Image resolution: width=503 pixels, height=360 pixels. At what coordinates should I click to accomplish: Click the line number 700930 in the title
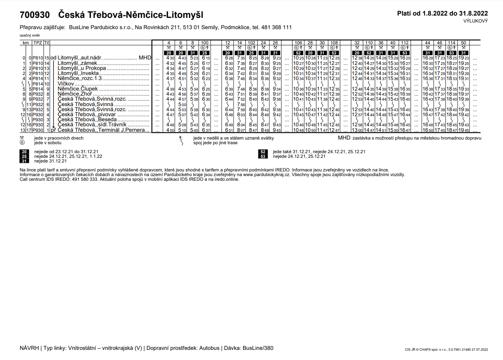click(x=35, y=15)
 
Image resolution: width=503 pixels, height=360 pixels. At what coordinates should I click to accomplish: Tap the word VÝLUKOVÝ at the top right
click(x=475, y=21)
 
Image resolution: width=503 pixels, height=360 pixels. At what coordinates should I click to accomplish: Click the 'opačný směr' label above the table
click(x=30, y=35)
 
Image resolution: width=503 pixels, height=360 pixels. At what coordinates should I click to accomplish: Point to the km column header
click(x=26, y=43)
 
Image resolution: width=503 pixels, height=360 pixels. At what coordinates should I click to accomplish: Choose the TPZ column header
click(x=38, y=43)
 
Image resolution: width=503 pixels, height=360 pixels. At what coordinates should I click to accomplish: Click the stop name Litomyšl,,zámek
click(x=77, y=63)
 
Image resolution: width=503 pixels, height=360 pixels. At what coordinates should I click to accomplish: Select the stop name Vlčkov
click(x=66, y=84)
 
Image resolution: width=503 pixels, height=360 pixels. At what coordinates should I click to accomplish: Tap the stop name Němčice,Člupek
click(x=78, y=89)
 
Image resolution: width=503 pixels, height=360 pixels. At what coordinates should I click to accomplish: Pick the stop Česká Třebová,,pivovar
click(x=87, y=115)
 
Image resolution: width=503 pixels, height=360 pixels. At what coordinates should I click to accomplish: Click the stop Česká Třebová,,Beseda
click(x=87, y=120)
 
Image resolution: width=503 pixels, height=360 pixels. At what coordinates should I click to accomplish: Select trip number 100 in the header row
click(x=205, y=43)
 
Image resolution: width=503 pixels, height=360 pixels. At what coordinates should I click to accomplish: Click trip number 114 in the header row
click(x=451, y=43)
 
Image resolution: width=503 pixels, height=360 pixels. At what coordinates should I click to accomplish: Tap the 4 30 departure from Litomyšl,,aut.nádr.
click(x=170, y=58)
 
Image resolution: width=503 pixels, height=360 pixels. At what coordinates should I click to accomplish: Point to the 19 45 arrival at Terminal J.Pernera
click(x=463, y=130)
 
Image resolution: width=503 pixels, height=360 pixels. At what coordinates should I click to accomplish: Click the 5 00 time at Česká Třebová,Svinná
click(x=182, y=105)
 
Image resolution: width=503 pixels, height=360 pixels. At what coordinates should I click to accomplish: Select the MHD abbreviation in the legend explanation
click(x=344, y=138)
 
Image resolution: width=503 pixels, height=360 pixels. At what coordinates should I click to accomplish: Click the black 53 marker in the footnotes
click(x=263, y=157)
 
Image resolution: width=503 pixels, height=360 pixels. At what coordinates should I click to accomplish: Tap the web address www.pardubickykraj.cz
click(x=267, y=175)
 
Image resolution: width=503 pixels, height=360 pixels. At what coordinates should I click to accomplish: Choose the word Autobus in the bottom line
click(x=210, y=348)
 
